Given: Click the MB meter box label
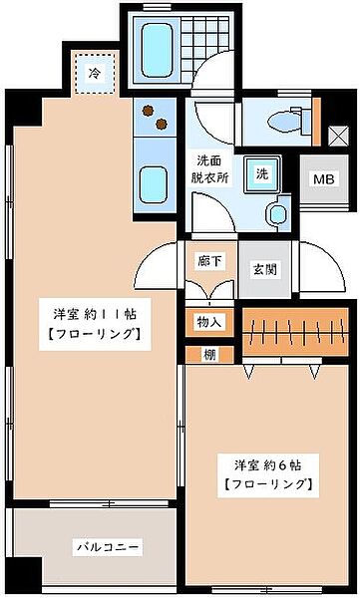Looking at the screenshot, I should click(323, 179).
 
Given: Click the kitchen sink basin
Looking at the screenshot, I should click(155, 183).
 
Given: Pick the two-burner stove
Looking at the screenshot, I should click(155, 120).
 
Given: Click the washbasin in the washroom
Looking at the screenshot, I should click(278, 211).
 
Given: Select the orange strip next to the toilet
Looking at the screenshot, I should click(317, 121).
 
